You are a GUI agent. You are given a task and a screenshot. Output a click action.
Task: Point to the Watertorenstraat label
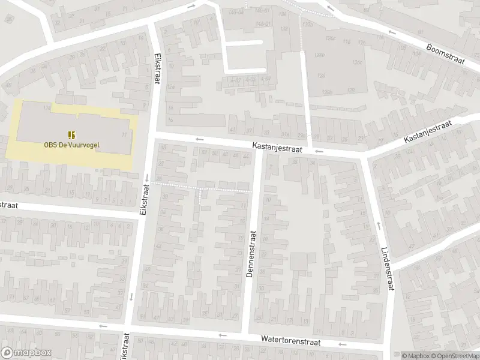pyautogui.click(x=290, y=340)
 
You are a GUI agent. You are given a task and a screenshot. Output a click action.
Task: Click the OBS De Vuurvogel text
pyautogui.click(x=71, y=144)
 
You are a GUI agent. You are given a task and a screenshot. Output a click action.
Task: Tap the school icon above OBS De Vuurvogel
pyautogui.click(x=71, y=134)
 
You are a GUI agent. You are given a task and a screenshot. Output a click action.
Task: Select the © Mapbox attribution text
pyautogui.click(x=416, y=355)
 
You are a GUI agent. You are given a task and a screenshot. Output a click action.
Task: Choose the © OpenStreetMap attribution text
pyautogui.click(x=454, y=355)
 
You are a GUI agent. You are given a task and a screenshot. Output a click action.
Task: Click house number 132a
pyautogui.click(x=308, y=23)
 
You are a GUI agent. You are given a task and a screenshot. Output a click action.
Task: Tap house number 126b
pyautogui.click(x=319, y=55)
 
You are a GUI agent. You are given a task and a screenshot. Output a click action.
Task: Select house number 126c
pyautogui.click(x=358, y=62)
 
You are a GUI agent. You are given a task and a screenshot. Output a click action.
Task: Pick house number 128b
pyautogui.click(x=326, y=91)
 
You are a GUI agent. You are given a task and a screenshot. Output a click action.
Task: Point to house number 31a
pyautogui.click(x=286, y=133)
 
